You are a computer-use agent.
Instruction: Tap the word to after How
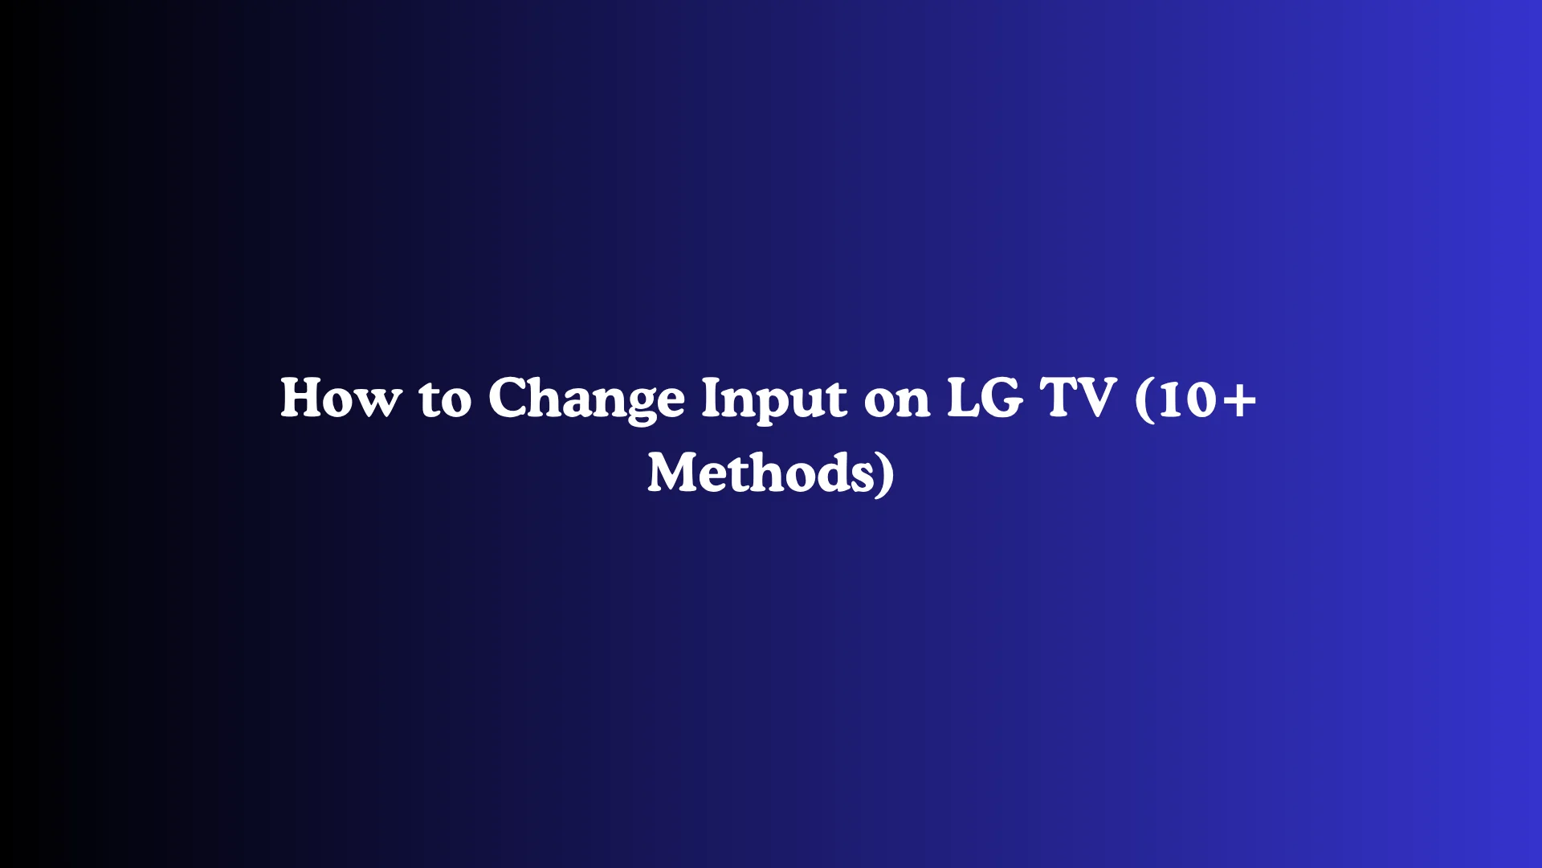pos(445,399)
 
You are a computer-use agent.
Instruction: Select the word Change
pos(586,399)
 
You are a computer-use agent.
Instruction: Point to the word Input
pos(773,399)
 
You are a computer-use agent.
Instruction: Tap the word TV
pos(1078,398)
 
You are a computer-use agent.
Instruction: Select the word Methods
pos(760,473)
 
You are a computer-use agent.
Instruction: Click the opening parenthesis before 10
pos(1144,399)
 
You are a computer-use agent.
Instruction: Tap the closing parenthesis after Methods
pos(886,474)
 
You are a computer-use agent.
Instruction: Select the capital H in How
pos(302,398)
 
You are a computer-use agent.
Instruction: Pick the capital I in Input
pos(711,398)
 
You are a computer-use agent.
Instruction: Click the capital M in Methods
pos(674,473)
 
